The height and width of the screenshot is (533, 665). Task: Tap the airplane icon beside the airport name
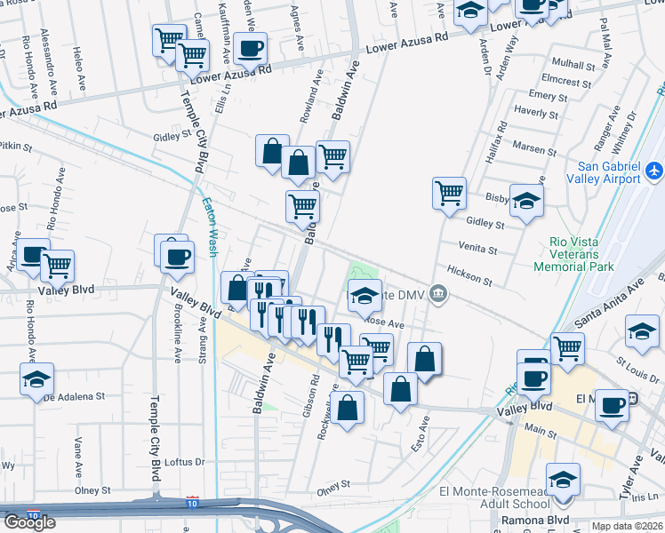[x=655, y=169]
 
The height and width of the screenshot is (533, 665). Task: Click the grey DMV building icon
[x=437, y=292]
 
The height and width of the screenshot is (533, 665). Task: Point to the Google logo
[x=29, y=522]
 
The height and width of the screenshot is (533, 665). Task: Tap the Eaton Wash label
[x=210, y=227]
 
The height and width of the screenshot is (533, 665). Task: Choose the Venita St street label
[x=477, y=246]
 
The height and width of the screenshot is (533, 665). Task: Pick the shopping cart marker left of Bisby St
[x=450, y=192]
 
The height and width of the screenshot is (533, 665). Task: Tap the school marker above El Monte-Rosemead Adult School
[x=563, y=481]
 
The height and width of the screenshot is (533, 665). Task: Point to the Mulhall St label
[x=573, y=65]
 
